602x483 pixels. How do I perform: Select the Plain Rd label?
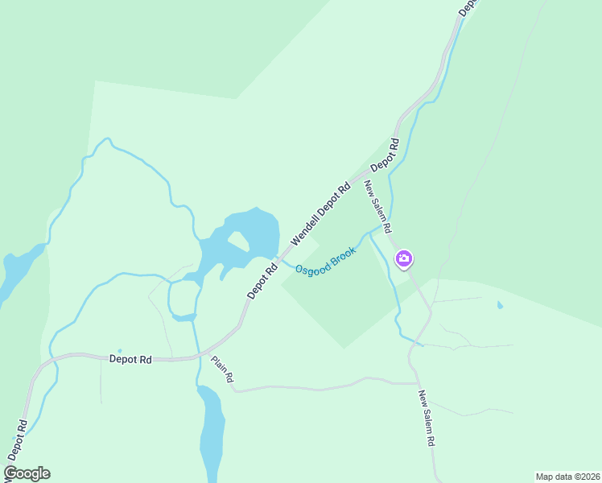tap(223, 369)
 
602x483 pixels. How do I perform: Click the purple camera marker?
tap(404, 258)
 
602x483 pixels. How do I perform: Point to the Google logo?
tap(27, 473)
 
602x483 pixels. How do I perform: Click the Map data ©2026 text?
tap(567, 477)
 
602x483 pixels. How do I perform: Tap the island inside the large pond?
tap(238, 240)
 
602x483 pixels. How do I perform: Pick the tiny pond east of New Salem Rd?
tap(500, 305)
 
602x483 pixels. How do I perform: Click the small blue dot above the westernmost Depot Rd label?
tap(120, 351)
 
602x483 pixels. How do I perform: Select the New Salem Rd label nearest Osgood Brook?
tap(378, 207)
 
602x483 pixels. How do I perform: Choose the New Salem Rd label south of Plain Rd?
tap(428, 419)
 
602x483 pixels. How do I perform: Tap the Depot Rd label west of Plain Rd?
tap(130, 360)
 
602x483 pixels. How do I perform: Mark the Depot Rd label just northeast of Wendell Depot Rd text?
tap(385, 155)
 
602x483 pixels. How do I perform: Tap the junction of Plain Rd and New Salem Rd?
tap(414, 382)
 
